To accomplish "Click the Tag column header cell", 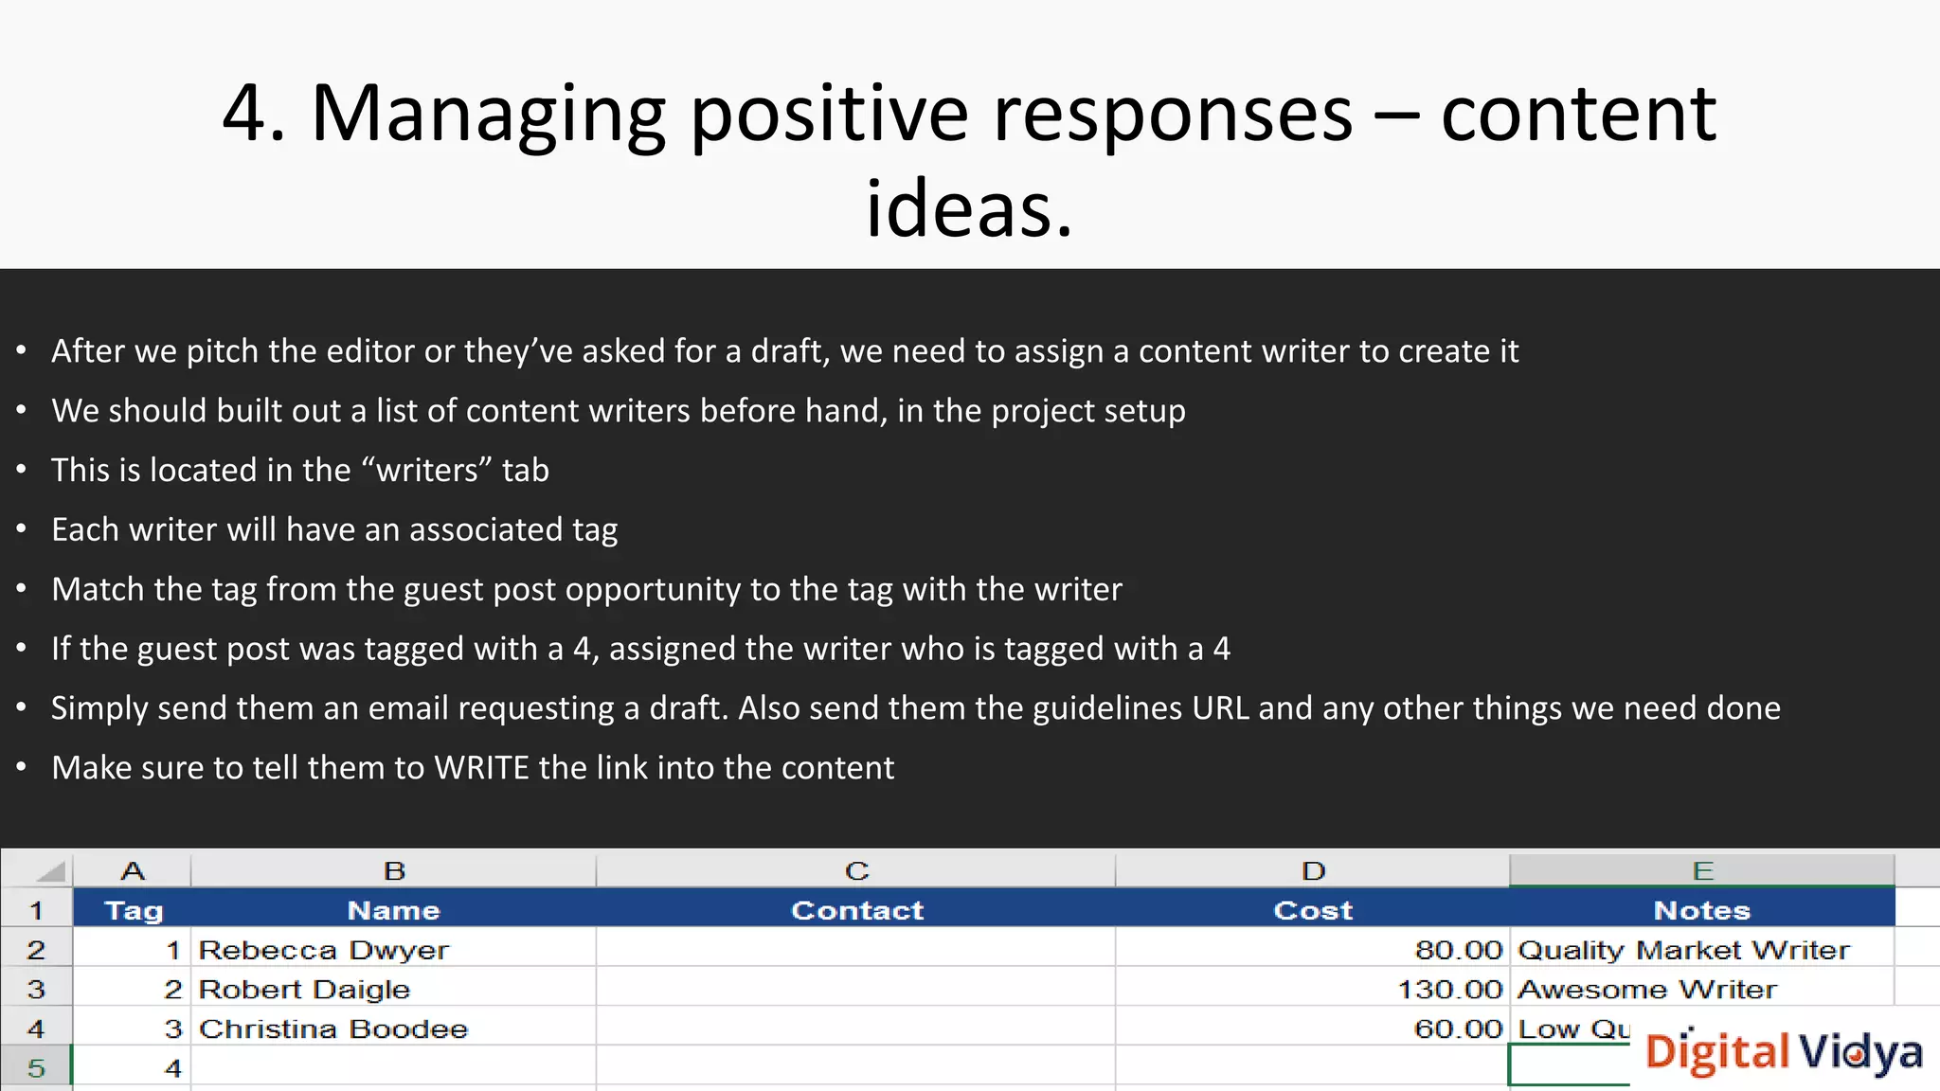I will (x=133, y=910).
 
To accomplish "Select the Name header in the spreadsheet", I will (x=393, y=910).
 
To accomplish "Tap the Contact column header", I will (x=856, y=910).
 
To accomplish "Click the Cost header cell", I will (x=1312, y=910).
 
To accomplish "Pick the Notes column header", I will (x=1701, y=910).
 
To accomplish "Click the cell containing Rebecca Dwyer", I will (x=324, y=950).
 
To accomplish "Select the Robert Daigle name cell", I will (x=305, y=990).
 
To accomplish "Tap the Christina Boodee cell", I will (x=333, y=1029).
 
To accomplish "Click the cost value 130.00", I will (x=1449, y=990).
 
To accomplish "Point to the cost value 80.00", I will (x=1458, y=950).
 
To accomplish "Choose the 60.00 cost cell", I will (x=1458, y=1029).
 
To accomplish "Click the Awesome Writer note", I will (x=1647, y=990).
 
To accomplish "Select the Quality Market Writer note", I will (x=1683, y=950).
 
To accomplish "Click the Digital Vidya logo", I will (x=1784, y=1052).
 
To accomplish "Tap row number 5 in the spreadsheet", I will (x=36, y=1068).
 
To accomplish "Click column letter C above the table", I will (x=856, y=871).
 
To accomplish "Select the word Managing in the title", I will (x=488, y=115).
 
